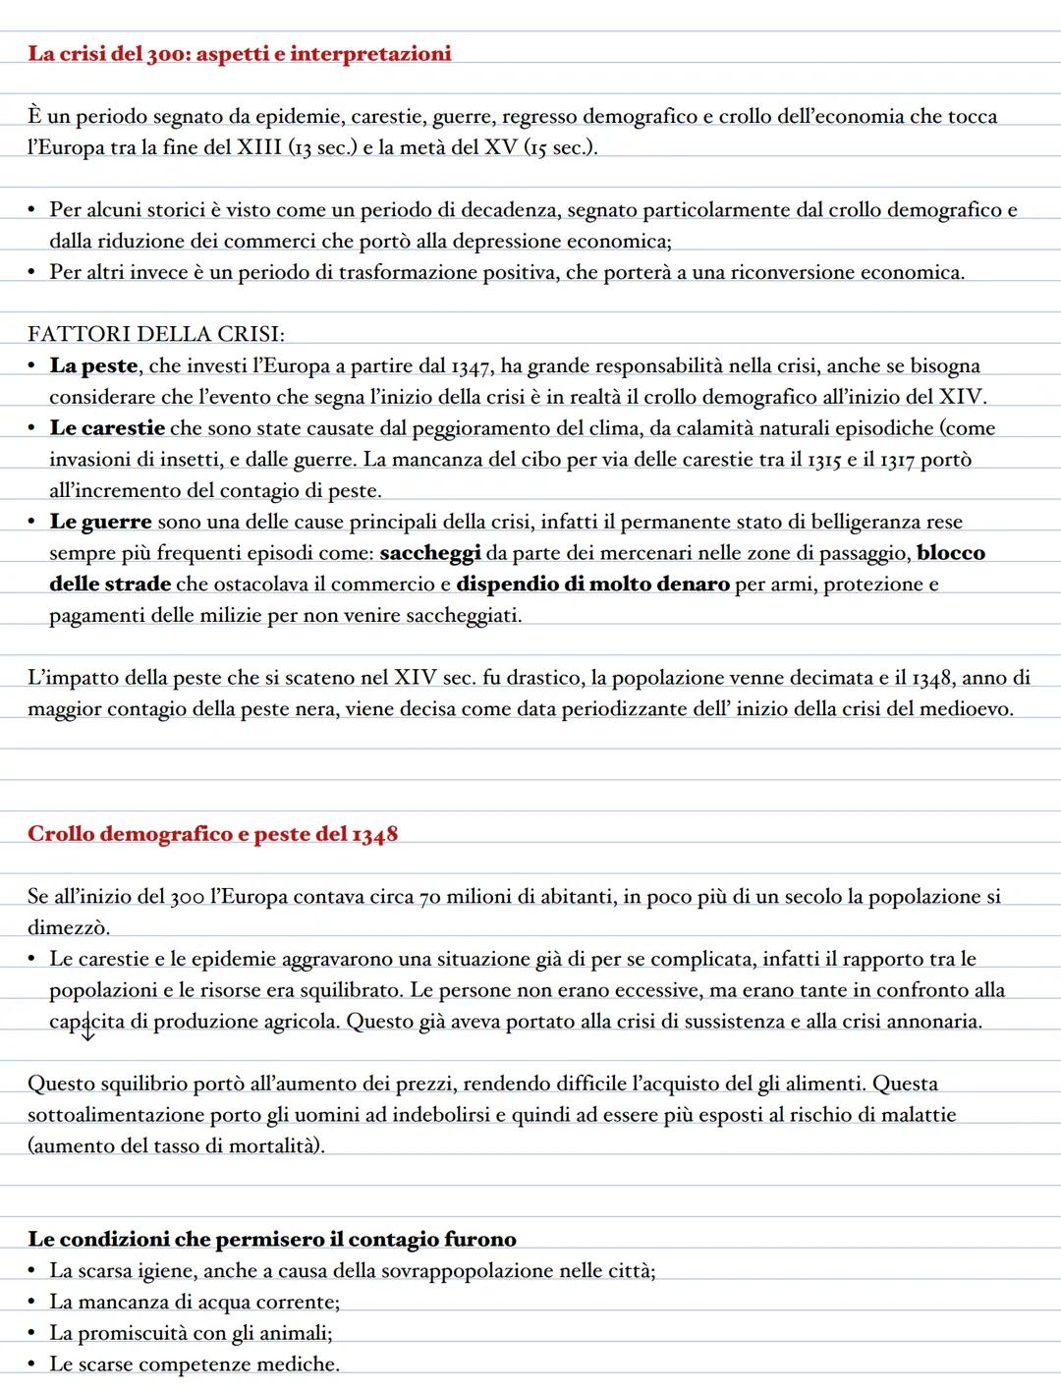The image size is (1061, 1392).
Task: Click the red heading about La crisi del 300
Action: coord(239,54)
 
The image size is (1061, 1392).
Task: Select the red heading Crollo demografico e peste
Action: coord(212,834)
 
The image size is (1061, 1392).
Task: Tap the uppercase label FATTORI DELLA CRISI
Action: coord(156,335)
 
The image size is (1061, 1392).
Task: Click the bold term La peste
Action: coord(93,366)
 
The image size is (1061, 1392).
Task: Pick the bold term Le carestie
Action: coord(107,428)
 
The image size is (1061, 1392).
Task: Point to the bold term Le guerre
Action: coord(100,522)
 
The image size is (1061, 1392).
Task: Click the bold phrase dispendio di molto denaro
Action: coord(592,585)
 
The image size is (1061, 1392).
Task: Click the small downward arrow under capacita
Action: coord(87,1032)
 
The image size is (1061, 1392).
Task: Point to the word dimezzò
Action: coord(69,928)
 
